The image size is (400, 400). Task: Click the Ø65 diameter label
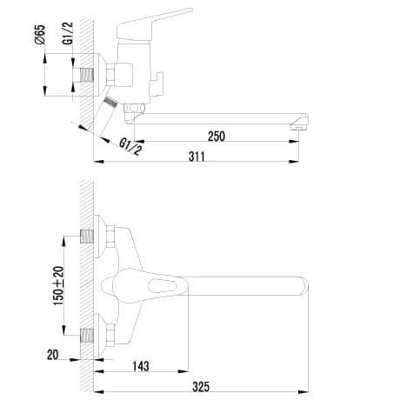41,35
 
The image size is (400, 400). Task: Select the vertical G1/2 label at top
68,33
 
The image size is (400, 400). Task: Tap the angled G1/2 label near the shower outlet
131,147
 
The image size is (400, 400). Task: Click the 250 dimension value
217,137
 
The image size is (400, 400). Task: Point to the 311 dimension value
197,157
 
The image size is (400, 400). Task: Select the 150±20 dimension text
58,285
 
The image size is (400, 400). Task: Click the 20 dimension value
52,355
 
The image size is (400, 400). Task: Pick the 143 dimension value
141,366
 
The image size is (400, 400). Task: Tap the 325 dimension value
201,387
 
